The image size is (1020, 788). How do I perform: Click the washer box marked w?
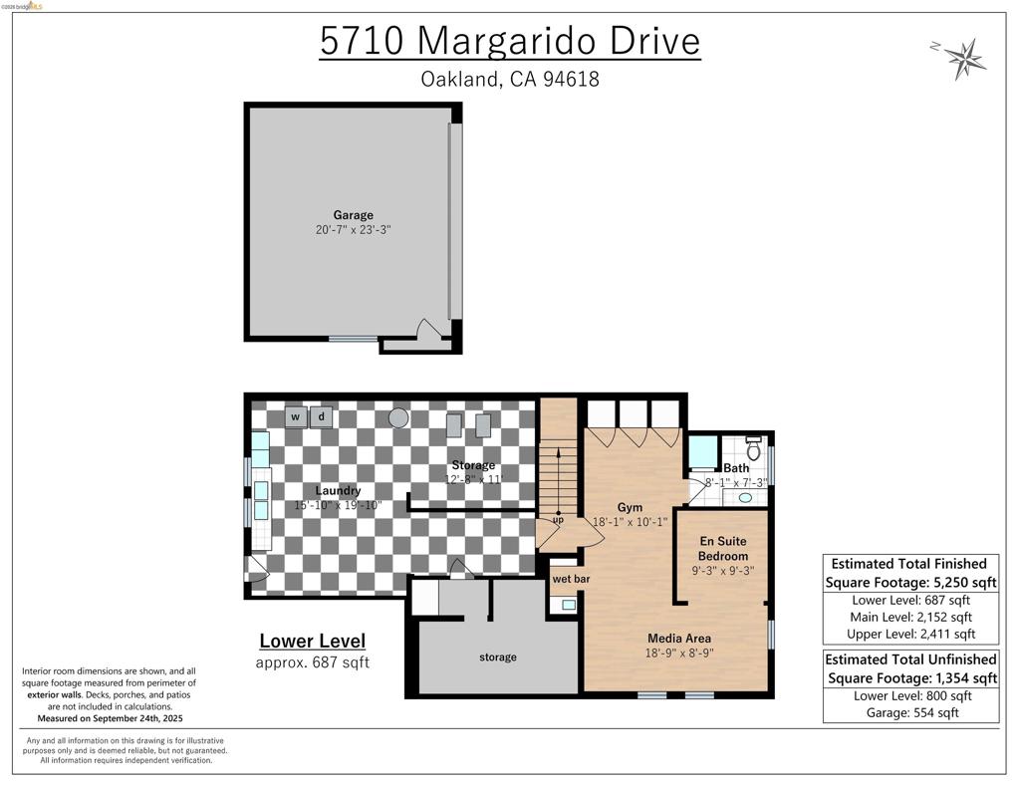296,416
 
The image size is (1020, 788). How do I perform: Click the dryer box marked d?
322,416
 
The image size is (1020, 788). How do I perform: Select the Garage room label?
354,215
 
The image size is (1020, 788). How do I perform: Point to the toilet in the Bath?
753,447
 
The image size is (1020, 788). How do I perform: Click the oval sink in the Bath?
745,498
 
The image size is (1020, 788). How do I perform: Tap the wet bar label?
571,579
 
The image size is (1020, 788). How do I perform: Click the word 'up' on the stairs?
558,520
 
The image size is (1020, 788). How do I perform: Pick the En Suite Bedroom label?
723,549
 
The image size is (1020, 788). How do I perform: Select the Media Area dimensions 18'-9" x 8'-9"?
679,653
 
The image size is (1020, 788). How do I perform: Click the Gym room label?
630,507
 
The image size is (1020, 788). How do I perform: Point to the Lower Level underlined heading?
312,641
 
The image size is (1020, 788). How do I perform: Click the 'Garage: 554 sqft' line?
912,712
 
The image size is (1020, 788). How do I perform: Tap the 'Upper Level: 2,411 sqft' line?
910,634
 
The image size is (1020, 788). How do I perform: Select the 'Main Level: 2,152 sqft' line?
910,617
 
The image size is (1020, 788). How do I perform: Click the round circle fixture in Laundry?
398,417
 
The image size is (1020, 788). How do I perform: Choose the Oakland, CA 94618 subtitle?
510,79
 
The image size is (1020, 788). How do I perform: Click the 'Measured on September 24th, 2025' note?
110,718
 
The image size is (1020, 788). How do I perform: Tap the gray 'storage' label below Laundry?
498,657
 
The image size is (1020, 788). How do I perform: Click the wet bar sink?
569,605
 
